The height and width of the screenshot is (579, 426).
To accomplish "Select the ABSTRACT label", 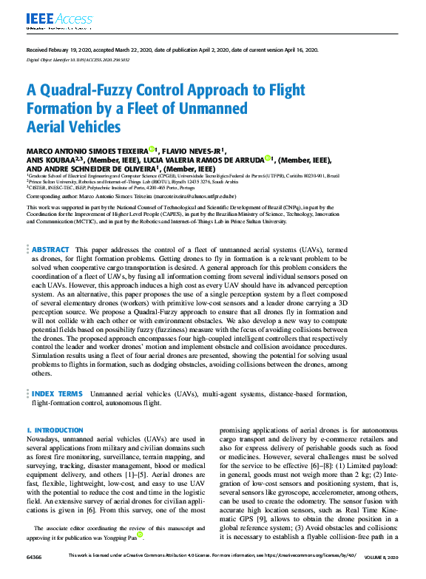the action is pos(52,250).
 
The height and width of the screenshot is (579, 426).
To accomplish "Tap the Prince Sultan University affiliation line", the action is pos(111,182).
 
